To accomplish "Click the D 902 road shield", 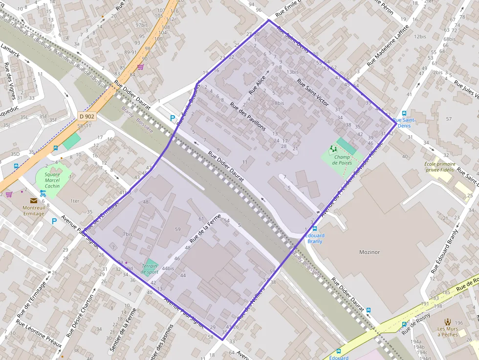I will (x=87, y=117).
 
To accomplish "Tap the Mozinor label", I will (x=370, y=252).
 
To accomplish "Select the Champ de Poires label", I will (x=342, y=160).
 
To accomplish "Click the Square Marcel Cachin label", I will (x=52, y=180).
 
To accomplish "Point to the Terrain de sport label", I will (x=150, y=269).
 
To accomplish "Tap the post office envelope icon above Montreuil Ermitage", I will (x=33, y=200).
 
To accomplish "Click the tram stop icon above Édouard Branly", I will (x=314, y=228).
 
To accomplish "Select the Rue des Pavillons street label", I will (x=248, y=117).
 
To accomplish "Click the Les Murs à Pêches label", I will (x=448, y=332).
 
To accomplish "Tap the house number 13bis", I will (x=292, y=72).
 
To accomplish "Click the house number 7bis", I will (x=128, y=234).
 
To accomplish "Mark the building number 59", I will (x=177, y=229).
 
